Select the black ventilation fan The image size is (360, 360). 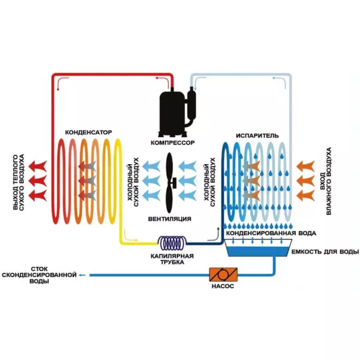[170, 180]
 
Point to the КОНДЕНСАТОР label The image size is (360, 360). [88, 131]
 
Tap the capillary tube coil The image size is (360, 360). [174, 242]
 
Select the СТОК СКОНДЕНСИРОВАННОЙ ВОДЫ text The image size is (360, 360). [39, 276]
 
